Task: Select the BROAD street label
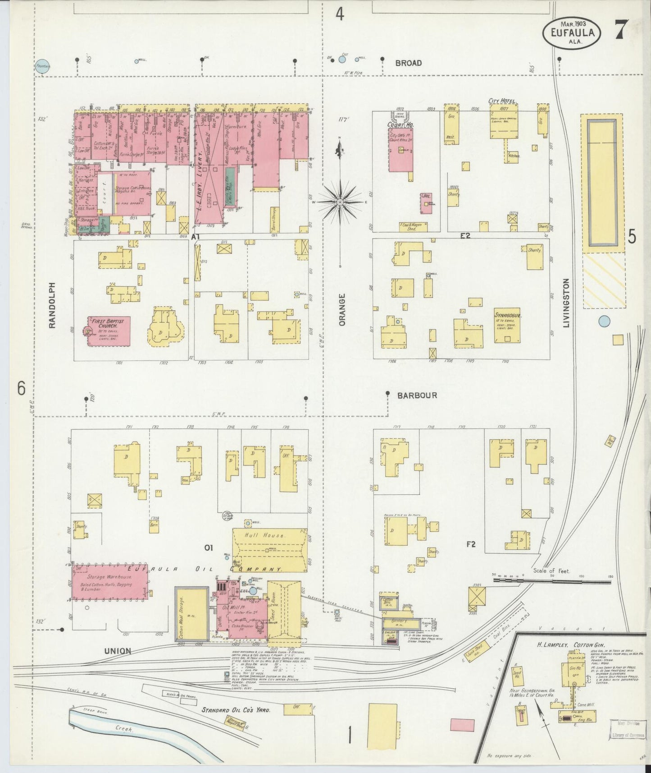click(x=408, y=63)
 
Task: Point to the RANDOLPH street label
click(x=52, y=305)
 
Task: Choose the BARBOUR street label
click(x=417, y=396)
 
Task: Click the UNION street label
click(x=118, y=651)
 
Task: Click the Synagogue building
click(x=507, y=325)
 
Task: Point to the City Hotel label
click(x=502, y=101)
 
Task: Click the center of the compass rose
click(x=340, y=203)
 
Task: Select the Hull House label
click(x=271, y=535)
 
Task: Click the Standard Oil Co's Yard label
click(x=236, y=710)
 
